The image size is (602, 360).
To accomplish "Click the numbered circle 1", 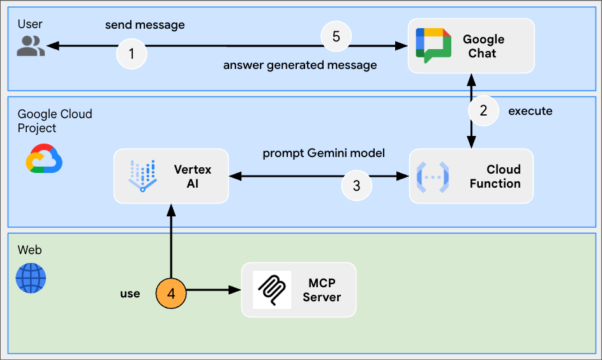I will tap(132, 54).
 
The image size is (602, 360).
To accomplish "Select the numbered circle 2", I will tap(483, 110).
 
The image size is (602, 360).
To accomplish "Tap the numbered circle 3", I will tap(356, 186).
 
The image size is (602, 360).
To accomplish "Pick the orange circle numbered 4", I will tap(171, 294).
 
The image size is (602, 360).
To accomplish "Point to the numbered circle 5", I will tap(336, 36).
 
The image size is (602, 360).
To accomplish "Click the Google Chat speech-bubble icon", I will tap(433, 45).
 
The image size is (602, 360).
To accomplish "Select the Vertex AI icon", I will tap(142, 176).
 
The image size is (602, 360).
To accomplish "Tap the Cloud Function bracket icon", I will tap(433, 176).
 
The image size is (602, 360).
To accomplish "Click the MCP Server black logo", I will tap(272, 290).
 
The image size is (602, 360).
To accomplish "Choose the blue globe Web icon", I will tap(31, 278).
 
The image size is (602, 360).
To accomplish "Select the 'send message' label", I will tap(145, 25).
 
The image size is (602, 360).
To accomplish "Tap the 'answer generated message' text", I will tap(299, 65).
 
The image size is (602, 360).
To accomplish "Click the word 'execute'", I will tap(530, 111).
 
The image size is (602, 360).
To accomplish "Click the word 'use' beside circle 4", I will tap(130, 294).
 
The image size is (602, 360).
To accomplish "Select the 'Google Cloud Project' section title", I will tap(54, 121).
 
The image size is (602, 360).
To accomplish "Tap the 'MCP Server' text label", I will tap(322, 290).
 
